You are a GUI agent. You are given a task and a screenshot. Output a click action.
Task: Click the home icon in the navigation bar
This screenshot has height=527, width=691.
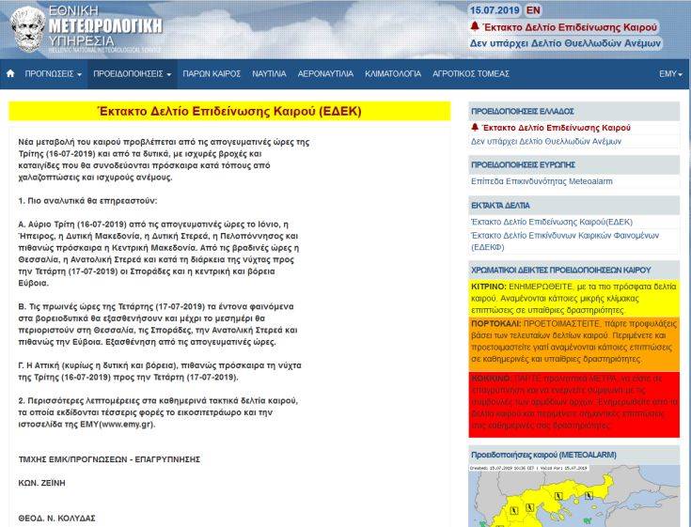pos(10,72)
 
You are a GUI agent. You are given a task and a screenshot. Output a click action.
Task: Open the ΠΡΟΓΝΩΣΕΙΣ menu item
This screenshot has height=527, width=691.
pos(53,72)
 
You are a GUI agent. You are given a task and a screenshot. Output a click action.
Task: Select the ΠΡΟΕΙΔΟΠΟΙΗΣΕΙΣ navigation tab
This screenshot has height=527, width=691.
pos(132,72)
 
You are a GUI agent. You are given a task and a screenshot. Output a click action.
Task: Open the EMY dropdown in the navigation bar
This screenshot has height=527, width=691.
pos(670,72)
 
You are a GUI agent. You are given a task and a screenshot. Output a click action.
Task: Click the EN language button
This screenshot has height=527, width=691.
pos(533,10)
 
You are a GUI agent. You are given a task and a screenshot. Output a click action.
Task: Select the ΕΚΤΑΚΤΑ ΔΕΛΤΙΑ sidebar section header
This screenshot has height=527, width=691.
pos(500,203)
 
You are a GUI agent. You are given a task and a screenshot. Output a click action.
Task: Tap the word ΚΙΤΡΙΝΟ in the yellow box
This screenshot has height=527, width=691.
pos(489,284)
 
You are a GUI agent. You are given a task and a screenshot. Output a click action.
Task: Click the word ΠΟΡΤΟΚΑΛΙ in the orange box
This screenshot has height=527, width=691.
pos(495,321)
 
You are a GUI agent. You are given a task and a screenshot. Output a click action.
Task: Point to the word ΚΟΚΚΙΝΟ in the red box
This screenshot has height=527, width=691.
pos(492,374)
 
